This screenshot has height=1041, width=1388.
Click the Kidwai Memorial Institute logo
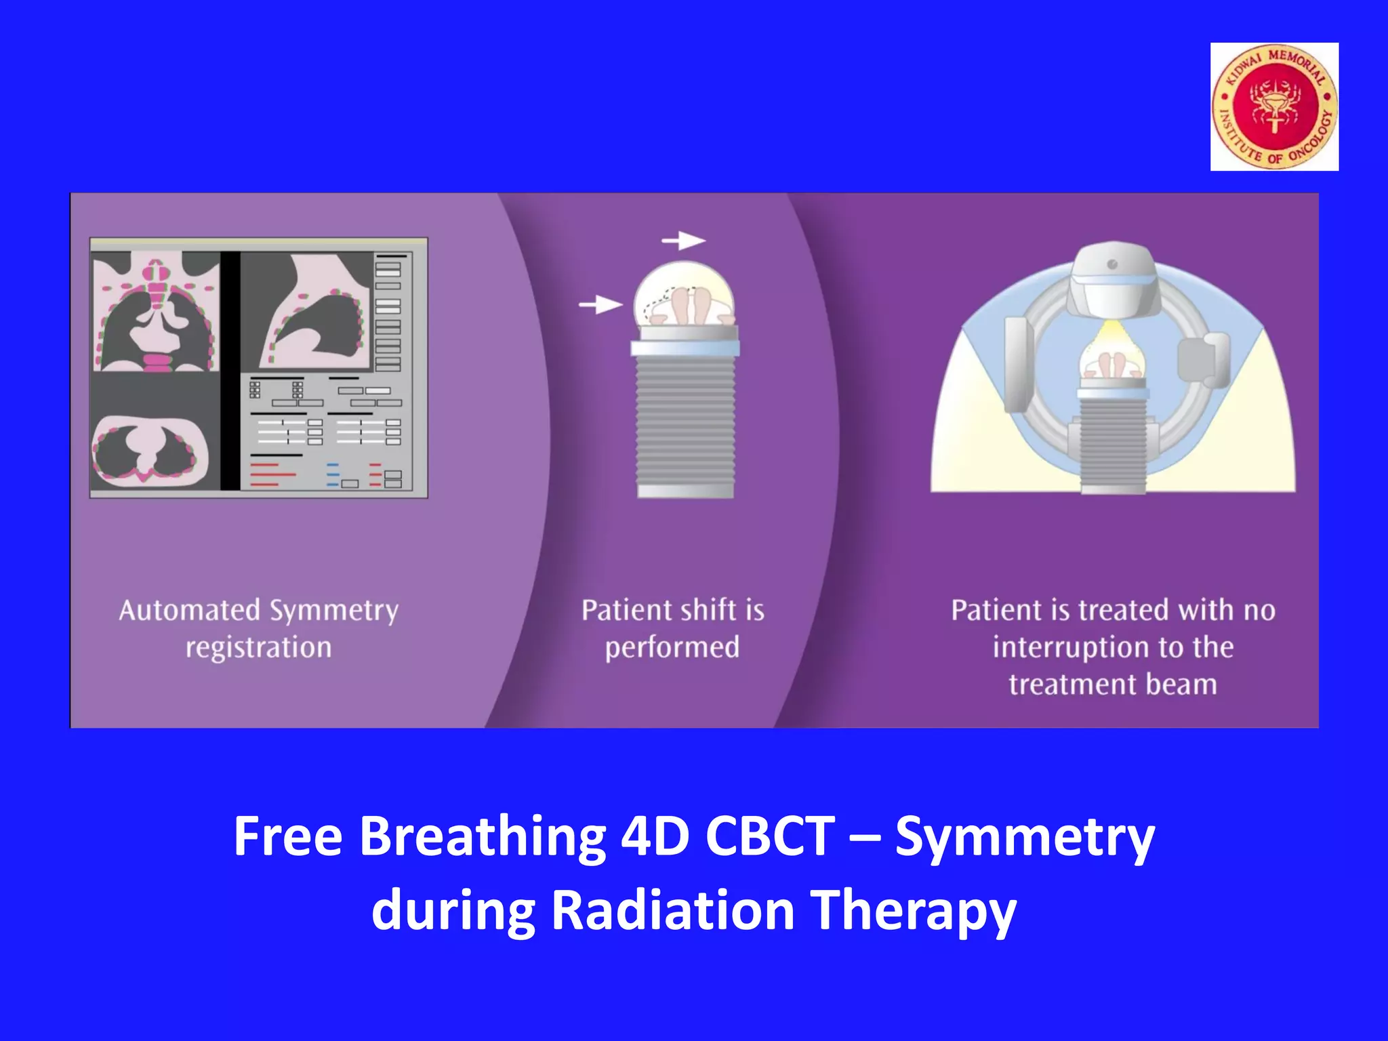1274,106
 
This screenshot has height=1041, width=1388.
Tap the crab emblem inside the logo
1275,106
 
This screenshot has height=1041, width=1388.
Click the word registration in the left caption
259,647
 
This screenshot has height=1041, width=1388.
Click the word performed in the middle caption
672,648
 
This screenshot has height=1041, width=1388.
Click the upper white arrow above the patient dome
683,241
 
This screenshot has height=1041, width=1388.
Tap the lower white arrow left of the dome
600,305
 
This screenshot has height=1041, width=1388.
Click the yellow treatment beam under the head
1111,332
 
